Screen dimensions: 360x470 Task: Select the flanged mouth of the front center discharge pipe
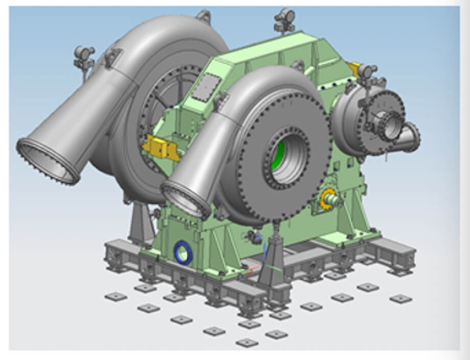tap(185, 200)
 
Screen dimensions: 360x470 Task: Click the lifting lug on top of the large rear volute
tap(203, 16)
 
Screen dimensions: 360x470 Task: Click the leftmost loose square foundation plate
tap(115, 297)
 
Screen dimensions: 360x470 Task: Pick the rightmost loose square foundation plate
tap(400, 298)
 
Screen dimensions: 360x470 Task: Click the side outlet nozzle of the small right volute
tap(408, 137)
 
